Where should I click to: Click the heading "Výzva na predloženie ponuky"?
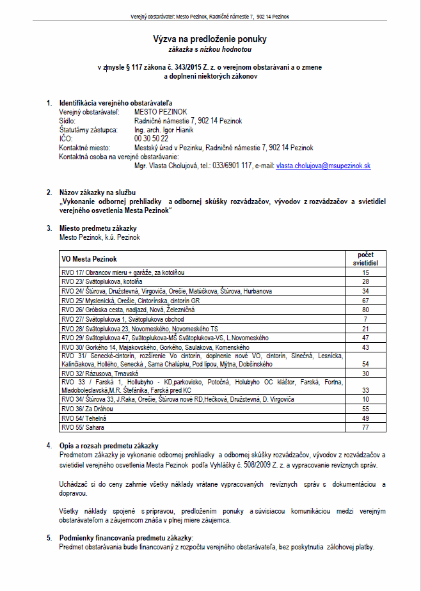pos(210,40)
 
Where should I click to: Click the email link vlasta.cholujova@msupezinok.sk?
pos(323,165)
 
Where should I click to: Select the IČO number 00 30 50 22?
pos(152,138)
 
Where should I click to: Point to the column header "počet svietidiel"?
pos(365,258)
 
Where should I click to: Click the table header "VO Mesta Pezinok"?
pos(90,260)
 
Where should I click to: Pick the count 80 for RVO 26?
pos(365,310)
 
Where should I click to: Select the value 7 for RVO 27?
pos(365,319)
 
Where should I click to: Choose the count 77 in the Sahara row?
pos(365,426)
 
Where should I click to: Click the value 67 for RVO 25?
pos(365,300)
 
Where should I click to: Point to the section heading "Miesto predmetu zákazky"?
pos(98,228)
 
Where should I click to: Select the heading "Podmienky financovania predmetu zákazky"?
pos(125,539)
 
